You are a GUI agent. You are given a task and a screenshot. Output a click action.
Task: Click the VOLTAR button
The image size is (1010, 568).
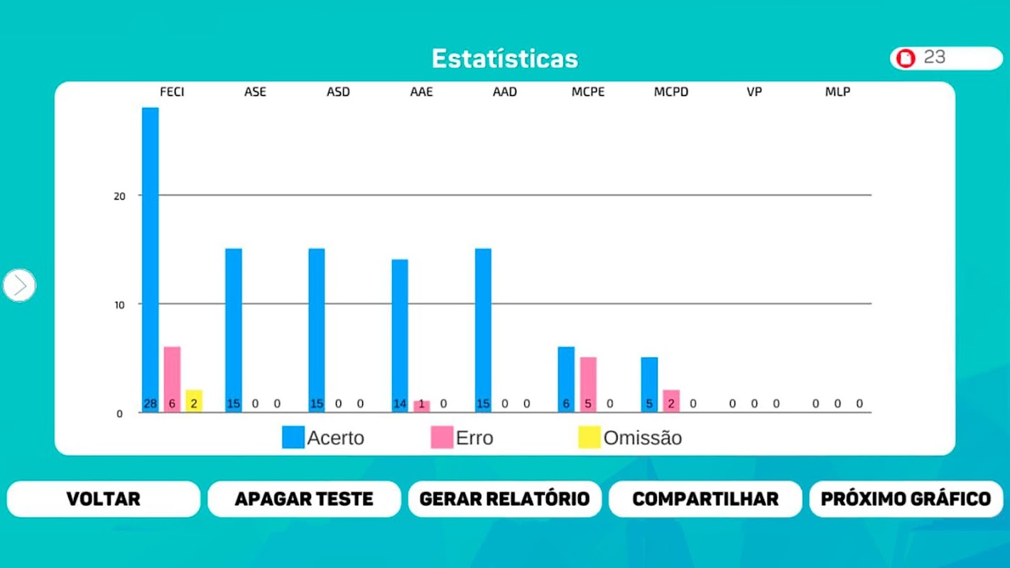tap(104, 498)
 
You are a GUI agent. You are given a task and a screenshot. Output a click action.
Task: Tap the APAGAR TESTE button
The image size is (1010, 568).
tap(304, 498)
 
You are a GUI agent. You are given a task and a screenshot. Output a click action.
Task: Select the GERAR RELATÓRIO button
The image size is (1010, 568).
tap(504, 498)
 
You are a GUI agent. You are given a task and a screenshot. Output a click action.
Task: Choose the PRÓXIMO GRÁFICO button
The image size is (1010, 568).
tap(906, 498)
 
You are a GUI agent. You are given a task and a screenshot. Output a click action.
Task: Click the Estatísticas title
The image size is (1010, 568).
tap(504, 58)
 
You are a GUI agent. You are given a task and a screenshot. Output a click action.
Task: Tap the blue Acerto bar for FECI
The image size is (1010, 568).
tap(151, 256)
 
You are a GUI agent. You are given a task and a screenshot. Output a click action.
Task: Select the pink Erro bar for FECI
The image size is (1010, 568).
tap(172, 376)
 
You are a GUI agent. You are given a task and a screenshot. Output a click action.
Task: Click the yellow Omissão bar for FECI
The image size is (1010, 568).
tap(194, 399)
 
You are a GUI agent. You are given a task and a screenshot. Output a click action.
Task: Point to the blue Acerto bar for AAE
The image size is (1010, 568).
tap(400, 334)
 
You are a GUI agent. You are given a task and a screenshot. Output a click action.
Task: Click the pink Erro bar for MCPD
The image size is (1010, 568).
tap(671, 399)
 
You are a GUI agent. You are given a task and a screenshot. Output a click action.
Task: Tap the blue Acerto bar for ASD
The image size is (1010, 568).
tap(317, 327)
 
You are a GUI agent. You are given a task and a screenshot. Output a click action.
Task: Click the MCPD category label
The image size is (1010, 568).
tap(671, 92)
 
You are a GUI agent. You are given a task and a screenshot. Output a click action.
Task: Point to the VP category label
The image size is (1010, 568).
tap(754, 92)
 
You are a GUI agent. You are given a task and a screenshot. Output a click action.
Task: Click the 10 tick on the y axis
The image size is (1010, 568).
tap(119, 305)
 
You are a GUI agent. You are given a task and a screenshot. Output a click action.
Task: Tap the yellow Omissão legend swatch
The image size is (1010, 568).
tap(589, 437)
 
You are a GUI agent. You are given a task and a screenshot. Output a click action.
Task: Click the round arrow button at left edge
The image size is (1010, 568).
tap(19, 285)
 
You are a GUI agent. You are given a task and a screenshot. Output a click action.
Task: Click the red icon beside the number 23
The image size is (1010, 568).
tap(906, 58)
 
